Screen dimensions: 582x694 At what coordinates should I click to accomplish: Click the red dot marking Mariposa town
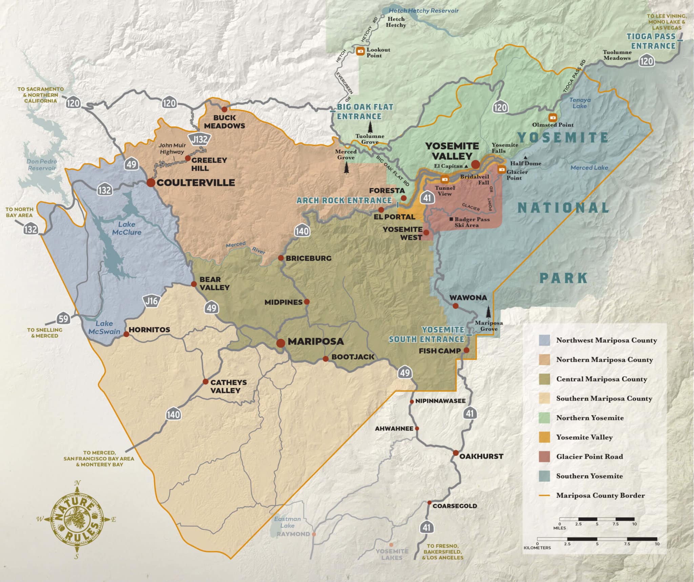281,343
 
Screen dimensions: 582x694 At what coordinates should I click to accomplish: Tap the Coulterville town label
196,183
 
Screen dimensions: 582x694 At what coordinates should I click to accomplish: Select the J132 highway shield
200,139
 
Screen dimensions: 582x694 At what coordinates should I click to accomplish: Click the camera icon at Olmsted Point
553,118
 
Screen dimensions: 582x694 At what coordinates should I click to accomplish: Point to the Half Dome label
526,163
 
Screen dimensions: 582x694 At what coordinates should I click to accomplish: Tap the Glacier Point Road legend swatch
544,457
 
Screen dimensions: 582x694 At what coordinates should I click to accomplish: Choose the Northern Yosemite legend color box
544,418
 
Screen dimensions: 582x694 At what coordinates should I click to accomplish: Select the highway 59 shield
63,318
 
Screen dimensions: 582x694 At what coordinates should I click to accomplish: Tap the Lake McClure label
127,228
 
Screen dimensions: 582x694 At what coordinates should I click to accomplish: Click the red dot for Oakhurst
456,453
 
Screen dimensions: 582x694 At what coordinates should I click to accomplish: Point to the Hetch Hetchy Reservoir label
424,11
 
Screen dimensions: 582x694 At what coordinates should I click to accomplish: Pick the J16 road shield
151,301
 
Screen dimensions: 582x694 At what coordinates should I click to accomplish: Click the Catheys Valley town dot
205,381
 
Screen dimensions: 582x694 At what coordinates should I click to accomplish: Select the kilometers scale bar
597,539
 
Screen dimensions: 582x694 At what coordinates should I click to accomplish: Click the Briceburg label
308,258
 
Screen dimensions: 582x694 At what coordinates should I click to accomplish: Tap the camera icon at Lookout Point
361,51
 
